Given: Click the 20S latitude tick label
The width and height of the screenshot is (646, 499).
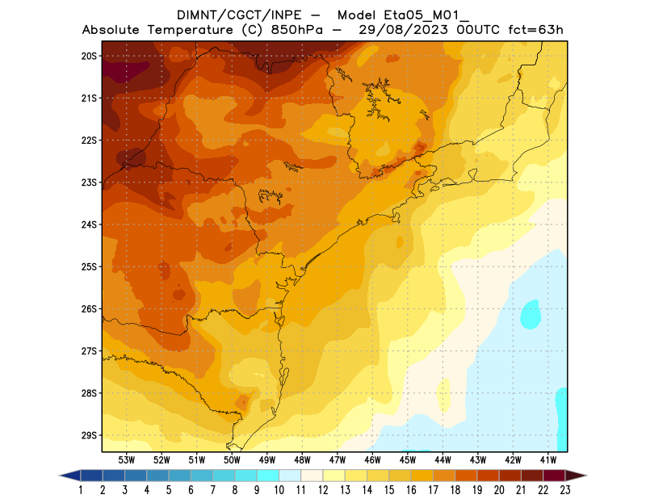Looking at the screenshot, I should click(x=89, y=56).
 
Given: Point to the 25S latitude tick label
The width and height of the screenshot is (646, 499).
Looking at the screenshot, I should click(x=89, y=266).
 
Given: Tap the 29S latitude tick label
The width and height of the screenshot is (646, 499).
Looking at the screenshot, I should click(x=89, y=435).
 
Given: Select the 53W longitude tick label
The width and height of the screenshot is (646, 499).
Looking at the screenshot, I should click(x=126, y=459).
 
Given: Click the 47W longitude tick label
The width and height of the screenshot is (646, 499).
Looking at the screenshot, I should click(x=338, y=459).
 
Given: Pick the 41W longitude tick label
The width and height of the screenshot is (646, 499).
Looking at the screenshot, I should click(x=549, y=459).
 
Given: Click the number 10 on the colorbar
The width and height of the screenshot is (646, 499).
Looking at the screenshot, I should click(x=279, y=489).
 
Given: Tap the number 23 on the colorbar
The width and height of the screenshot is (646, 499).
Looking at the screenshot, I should click(x=564, y=489).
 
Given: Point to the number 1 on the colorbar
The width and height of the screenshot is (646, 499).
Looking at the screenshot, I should click(x=81, y=489).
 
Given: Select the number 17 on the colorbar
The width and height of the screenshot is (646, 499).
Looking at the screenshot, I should click(x=433, y=489).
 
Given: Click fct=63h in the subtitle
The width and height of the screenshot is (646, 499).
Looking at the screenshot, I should click(x=530, y=30).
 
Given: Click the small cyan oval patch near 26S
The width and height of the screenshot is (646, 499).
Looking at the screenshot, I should click(x=531, y=313).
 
